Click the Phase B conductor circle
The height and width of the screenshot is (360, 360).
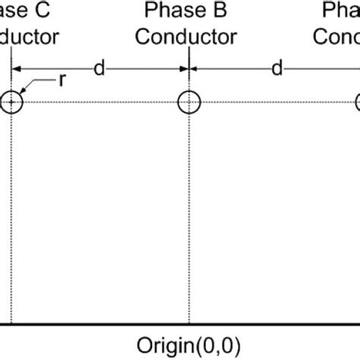tap(188, 103)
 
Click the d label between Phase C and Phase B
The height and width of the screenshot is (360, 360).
tap(99, 69)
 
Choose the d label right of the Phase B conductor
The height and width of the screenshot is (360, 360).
tap(276, 69)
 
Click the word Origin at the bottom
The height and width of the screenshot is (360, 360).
tap(159, 339)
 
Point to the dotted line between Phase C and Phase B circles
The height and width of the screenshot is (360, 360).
tap(99, 103)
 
